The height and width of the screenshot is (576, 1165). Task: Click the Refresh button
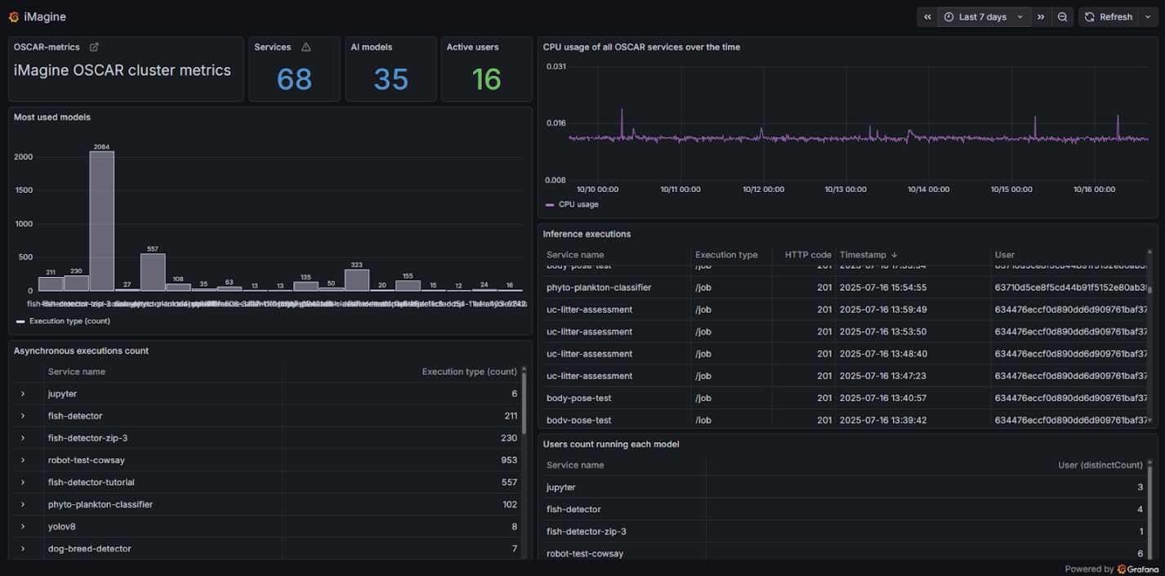tap(1109, 17)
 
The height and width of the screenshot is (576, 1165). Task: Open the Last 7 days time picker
tap(983, 17)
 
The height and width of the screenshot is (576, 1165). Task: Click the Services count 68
tap(294, 79)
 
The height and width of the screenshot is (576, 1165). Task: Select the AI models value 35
tap(391, 79)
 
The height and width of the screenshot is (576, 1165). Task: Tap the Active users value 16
tap(486, 79)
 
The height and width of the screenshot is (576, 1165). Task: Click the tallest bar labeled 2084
tap(101, 221)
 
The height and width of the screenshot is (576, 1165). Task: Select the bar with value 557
tap(153, 272)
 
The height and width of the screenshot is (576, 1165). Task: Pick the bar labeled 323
tap(356, 279)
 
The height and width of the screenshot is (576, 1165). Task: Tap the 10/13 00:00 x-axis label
tap(846, 190)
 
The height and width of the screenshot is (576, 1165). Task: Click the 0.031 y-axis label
tap(556, 66)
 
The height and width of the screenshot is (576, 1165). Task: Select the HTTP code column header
tap(807, 255)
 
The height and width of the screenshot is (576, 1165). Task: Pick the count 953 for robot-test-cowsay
tap(509, 460)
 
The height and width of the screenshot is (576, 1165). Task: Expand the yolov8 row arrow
tap(23, 526)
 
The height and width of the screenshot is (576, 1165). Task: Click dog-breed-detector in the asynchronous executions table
tap(89, 548)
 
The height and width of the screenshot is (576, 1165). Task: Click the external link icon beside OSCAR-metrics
tap(94, 47)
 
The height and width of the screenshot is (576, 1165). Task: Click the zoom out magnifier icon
tap(1062, 17)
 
